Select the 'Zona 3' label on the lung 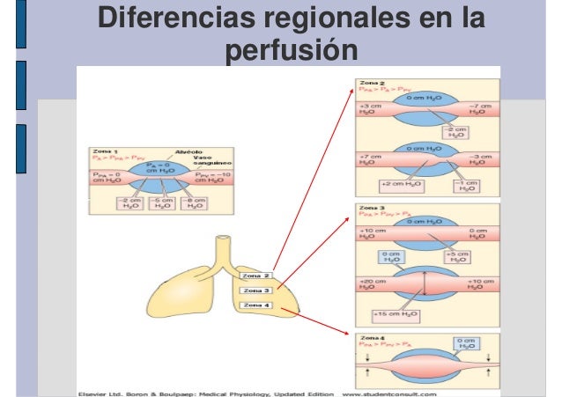pyautogui.click(x=255, y=290)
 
